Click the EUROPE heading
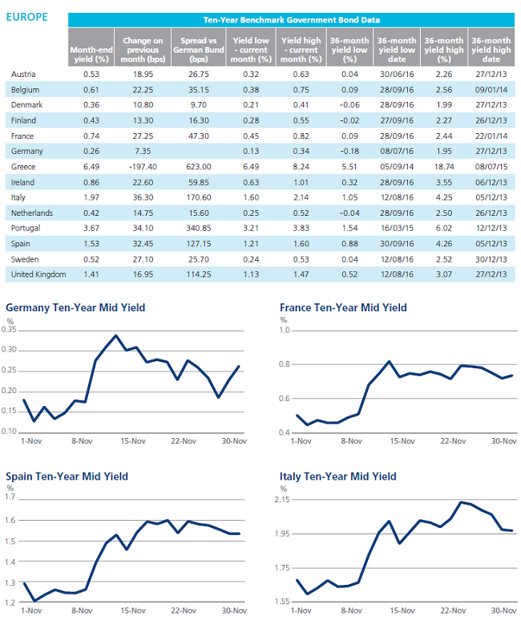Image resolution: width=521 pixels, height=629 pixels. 27,17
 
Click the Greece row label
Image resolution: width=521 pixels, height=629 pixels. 23,167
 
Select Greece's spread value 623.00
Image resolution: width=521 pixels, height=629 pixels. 199,167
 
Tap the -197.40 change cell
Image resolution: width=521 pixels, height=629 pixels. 143,167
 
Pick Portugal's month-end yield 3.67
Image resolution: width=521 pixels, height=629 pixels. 91,228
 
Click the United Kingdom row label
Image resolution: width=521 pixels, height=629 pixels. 38,274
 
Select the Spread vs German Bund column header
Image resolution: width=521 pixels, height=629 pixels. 199,50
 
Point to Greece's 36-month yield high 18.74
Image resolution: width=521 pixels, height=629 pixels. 444,167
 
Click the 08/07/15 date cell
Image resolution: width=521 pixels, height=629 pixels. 491,167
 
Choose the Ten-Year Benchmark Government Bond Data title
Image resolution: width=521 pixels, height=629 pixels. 292,20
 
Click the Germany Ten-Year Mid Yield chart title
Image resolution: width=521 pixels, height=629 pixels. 75,308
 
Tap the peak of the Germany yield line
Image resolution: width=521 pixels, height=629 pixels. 115,335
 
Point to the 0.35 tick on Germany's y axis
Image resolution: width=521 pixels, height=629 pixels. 9,330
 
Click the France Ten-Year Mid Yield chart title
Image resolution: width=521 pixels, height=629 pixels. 343,308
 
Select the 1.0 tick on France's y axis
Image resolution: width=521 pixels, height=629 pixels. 285,331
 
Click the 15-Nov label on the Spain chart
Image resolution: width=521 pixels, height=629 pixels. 133,611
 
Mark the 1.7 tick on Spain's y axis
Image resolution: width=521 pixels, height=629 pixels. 10,497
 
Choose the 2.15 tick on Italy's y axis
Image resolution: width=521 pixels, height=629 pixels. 282,499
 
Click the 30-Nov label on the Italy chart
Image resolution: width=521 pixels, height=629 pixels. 504,611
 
